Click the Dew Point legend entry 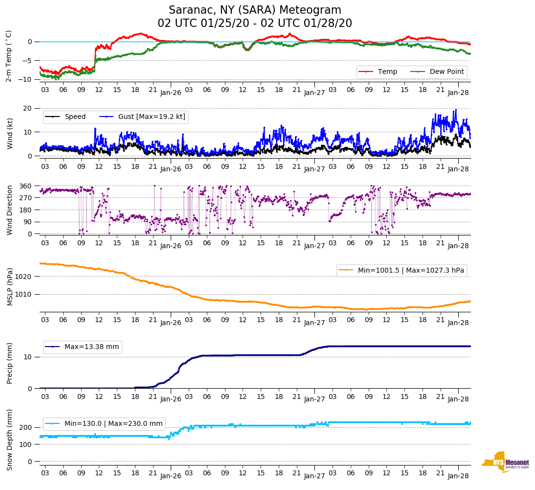point(447,71)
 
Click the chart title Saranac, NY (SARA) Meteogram point(255,10)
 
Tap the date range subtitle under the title point(255,23)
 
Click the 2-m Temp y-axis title point(9,56)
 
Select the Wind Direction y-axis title point(10,210)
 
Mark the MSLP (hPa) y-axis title point(10,286)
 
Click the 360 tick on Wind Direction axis point(25,186)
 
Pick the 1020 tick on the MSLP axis point(24,277)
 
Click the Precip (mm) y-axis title point(10,363)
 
